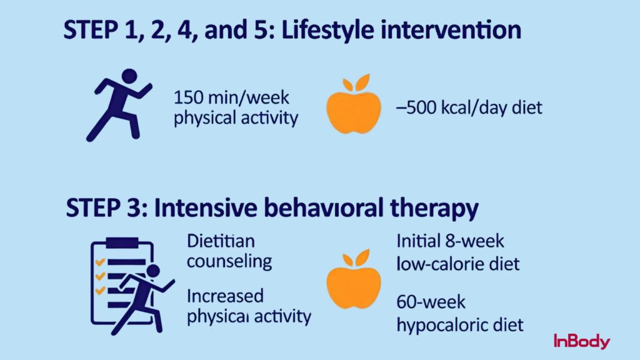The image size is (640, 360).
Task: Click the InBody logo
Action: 581,341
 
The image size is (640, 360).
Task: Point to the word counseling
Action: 229,261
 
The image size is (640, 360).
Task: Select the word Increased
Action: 225,295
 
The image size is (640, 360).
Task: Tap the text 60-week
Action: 431,302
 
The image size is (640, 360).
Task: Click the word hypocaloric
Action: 444,325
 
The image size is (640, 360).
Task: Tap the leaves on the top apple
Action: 356,81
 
